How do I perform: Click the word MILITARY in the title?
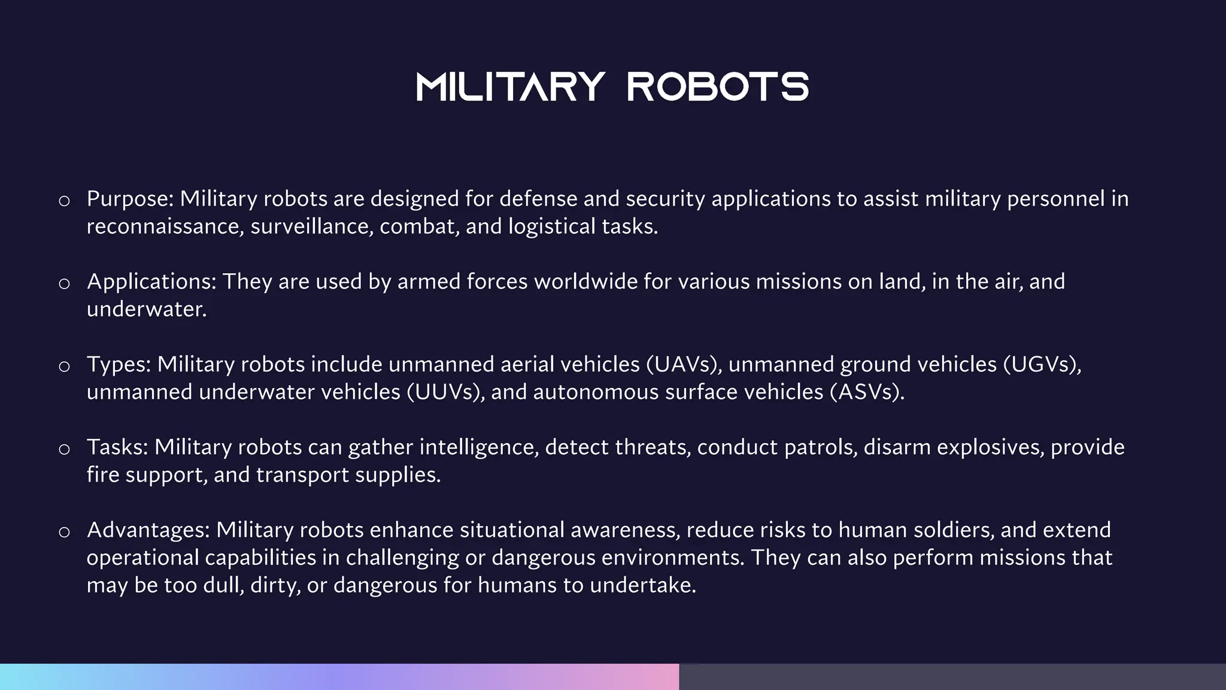point(511,87)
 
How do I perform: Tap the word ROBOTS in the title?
point(718,87)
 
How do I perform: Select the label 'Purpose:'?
point(130,199)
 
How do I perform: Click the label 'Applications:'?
point(151,282)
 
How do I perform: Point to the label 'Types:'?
point(119,364)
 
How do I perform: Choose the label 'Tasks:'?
point(118,447)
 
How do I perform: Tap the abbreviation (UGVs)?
point(1042,364)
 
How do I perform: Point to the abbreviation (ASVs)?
point(867,392)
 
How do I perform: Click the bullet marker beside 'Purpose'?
point(65,201)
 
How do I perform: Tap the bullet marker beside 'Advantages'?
point(65,532)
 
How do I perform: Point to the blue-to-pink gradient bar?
point(339,677)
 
